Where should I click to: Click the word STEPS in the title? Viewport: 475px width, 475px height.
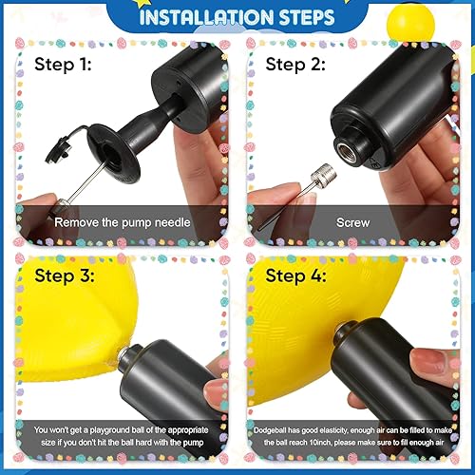click(301, 18)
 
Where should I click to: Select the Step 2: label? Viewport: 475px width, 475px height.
click(294, 66)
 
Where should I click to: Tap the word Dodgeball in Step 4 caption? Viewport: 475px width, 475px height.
click(272, 430)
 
